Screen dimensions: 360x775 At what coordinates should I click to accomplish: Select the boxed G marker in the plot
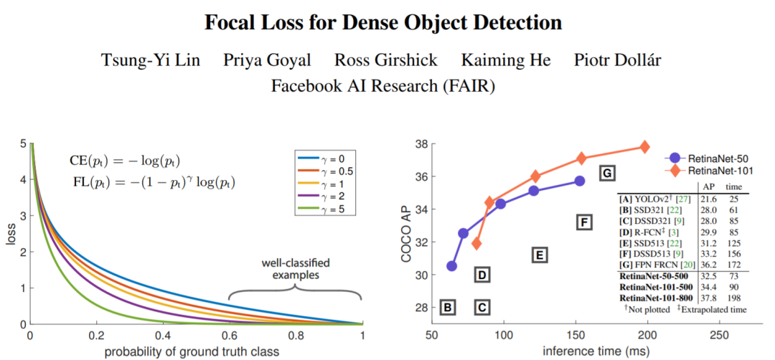pyautogui.click(x=606, y=173)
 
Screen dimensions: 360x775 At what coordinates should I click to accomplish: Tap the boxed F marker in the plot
pyautogui.click(x=584, y=222)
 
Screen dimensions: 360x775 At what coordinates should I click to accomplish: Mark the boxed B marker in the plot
pyautogui.click(x=447, y=307)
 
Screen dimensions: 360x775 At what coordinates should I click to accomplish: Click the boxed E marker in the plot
pyautogui.click(x=540, y=255)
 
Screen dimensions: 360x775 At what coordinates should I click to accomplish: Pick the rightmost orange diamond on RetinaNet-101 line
pyautogui.click(x=644, y=147)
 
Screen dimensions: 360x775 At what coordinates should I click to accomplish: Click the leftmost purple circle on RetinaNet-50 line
pyautogui.click(x=451, y=266)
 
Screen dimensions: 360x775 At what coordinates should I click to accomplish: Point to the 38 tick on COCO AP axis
pyautogui.click(x=421, y=144)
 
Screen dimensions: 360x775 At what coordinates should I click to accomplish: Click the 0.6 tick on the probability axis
pyautogui.click(x=229, y=336)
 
